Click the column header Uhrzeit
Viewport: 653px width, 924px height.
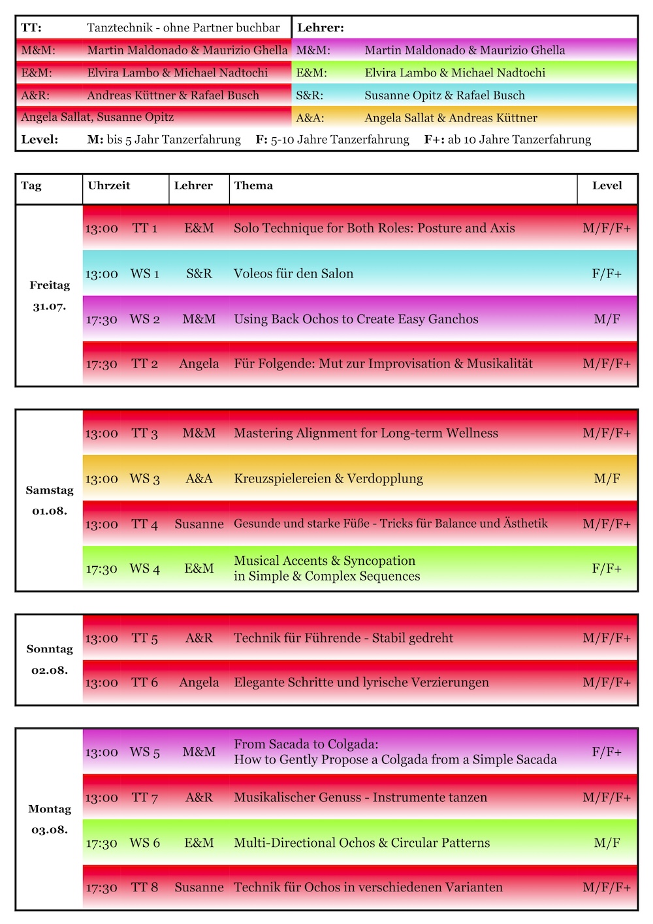tap(108, 185)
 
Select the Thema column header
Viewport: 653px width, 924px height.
tap(253, 185)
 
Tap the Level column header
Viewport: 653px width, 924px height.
tap(607, 185)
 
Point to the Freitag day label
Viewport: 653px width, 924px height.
tap(50, 285)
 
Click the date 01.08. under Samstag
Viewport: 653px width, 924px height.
tap(50, 511)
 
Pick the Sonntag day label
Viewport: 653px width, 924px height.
tap(50, 649)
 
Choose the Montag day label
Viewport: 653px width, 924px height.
tap(50, 809)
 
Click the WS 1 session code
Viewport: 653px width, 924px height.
tap(145, 274)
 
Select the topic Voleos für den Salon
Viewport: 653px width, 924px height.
tap(293, 274)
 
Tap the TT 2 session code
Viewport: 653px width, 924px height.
tap(145, 364)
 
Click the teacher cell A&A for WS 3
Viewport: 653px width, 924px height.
tap(199, 479)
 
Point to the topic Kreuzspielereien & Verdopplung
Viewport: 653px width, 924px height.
tap(328, 479)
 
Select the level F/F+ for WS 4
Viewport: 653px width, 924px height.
tap(607, 568)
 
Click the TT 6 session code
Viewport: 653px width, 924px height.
tap(145, 682)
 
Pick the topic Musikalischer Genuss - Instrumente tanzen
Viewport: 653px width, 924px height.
tap(360, 797)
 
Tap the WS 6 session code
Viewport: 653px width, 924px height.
tap(145, 842)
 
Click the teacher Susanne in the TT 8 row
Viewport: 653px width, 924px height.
tap(199, 887)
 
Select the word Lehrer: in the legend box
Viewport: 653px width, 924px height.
tap(321, 28)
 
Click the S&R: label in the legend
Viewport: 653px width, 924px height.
tap(310, 95)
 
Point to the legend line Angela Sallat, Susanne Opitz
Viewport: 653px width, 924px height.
tap(97, 118)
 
